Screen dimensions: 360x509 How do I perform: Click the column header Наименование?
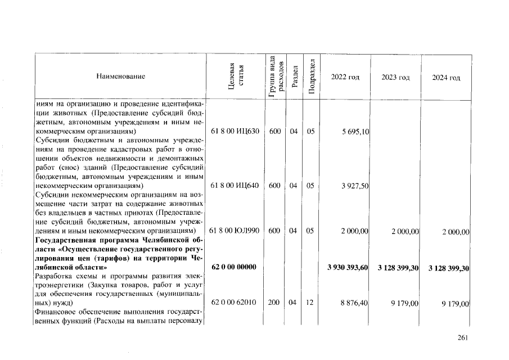coord(120,76)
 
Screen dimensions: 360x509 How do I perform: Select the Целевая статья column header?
coord(235,76)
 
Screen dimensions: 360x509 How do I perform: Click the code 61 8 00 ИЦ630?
coord(235,132)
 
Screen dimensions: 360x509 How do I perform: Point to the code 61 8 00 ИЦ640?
coord(235,186)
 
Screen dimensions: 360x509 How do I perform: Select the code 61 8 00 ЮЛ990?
coord(235,231)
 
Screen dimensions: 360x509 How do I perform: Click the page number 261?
coord(463,337)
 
